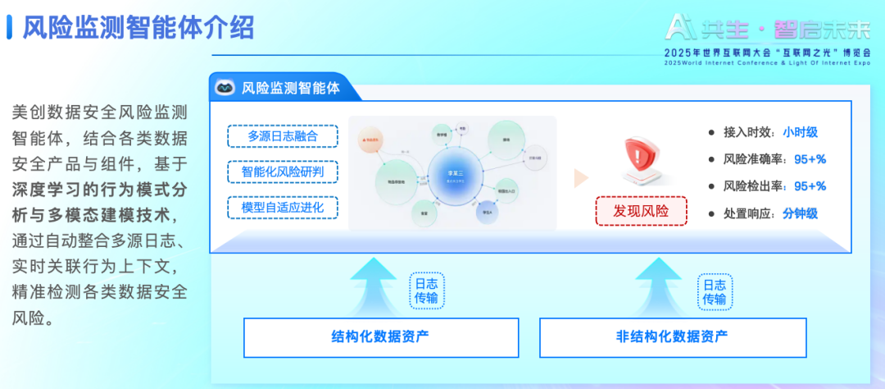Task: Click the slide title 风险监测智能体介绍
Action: [x=138, y=27]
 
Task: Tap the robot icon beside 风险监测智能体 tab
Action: [x=223, y=88]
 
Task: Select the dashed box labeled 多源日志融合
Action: [x=283, y=136]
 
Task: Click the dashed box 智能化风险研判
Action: [x=283, y=172]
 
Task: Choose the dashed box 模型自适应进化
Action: [x=283, y=208]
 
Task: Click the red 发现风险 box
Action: [x=641, y=211]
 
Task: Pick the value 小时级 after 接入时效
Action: [x=800, y=132]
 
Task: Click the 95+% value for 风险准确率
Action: [x=810, y=159]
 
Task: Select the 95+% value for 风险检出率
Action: [x=810, y=186]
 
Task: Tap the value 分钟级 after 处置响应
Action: [x=800, y=213]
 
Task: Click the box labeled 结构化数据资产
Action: [x=381, y=336]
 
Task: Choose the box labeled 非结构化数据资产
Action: [x=672, y=336]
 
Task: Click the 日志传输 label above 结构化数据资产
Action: [x=426, y=291]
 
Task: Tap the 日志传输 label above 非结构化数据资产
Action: [x=715, y=291]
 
